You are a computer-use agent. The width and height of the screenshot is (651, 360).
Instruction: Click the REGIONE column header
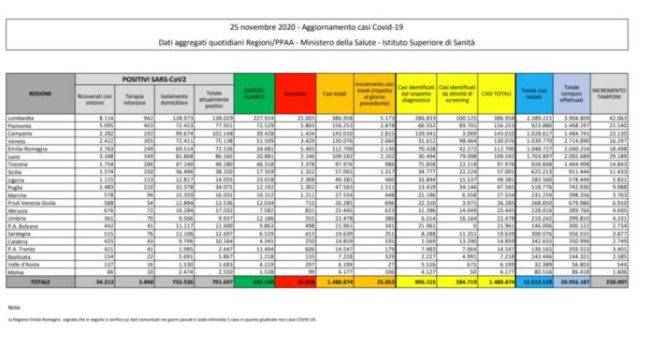[39, 95]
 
